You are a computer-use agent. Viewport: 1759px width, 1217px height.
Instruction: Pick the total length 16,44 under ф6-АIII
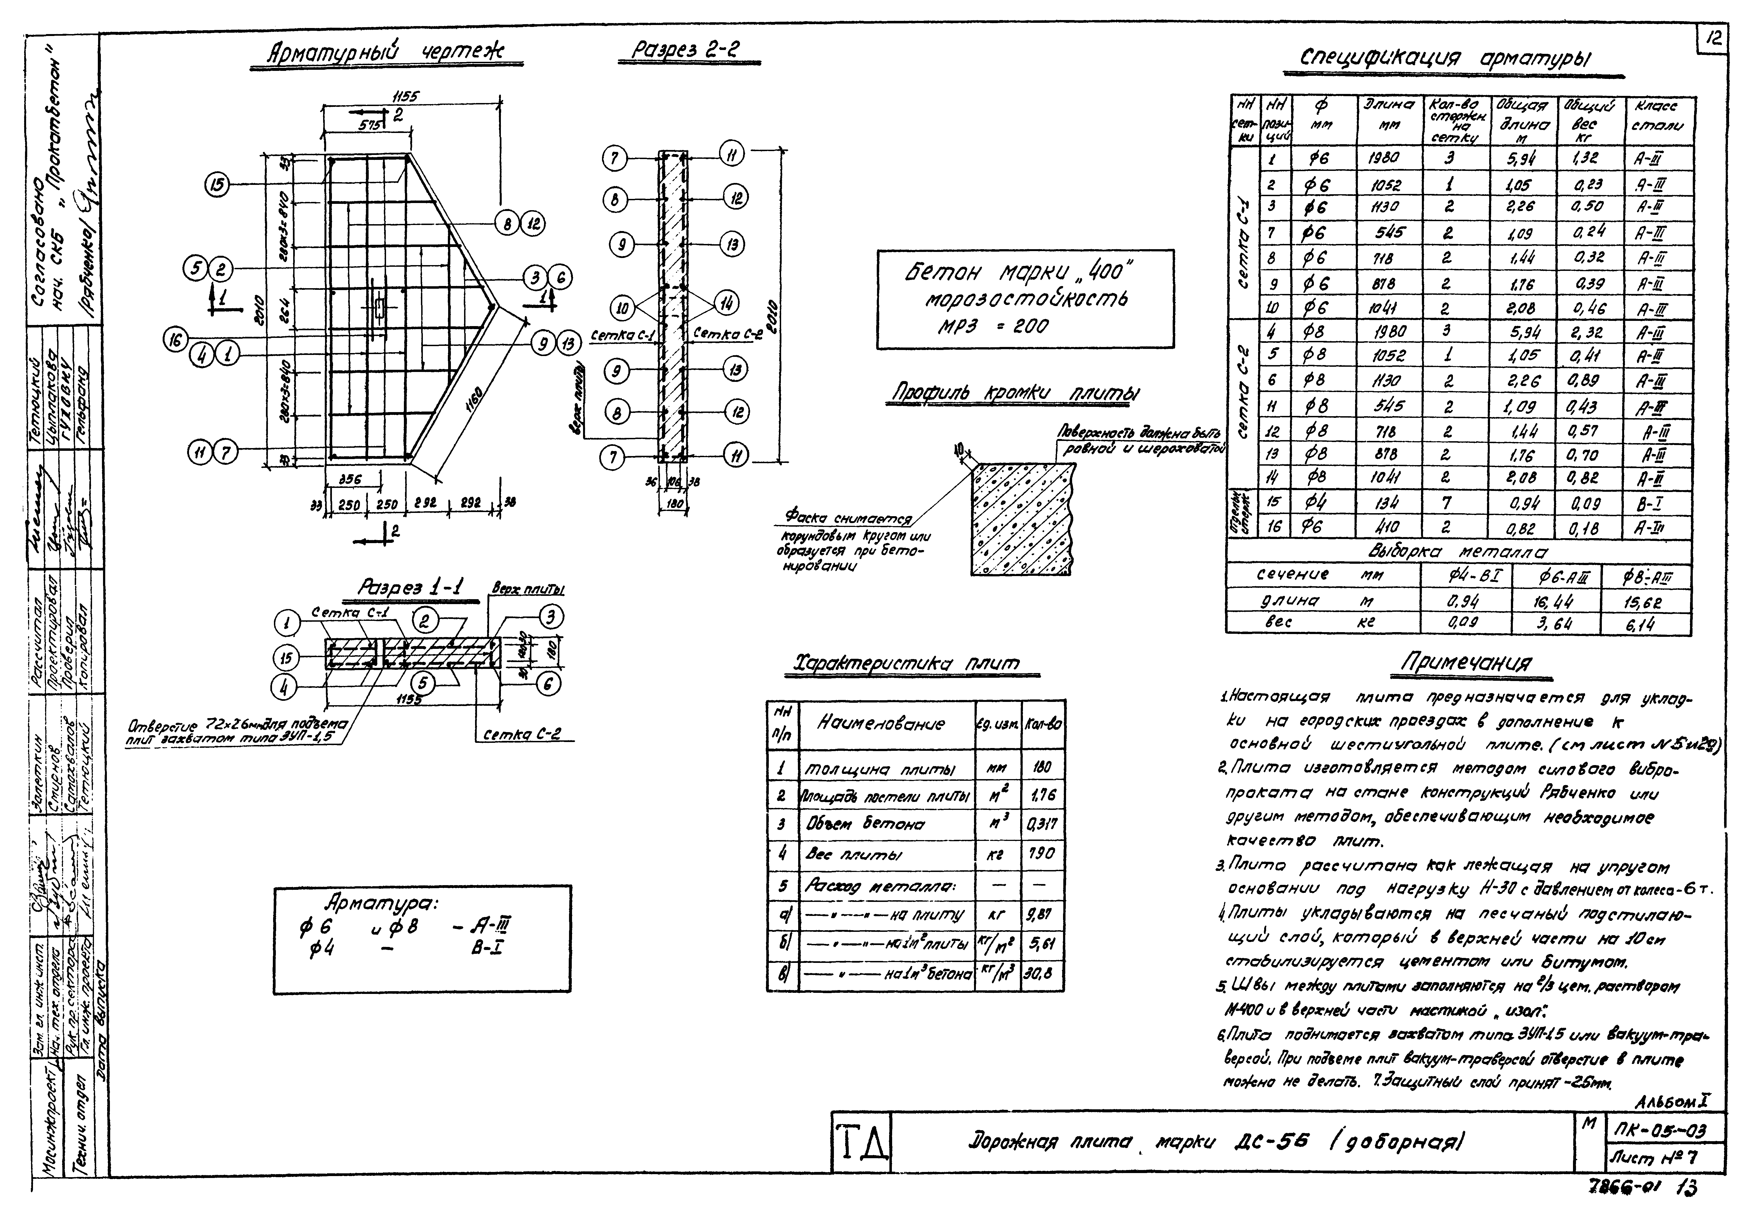[x=1555, y=602]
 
